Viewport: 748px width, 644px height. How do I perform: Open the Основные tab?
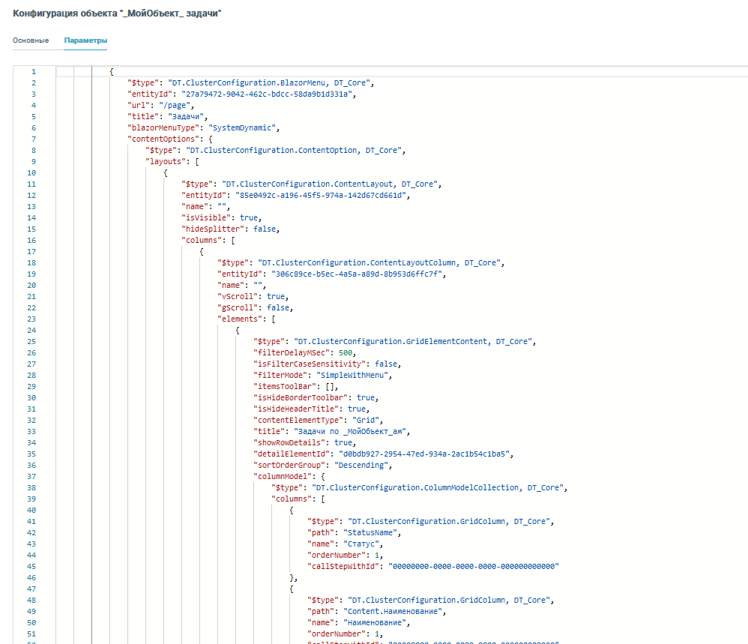click(x=31, y=40)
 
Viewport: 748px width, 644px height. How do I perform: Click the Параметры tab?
click(x=85, y=40)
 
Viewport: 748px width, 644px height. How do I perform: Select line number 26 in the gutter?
click(x=31, y=353)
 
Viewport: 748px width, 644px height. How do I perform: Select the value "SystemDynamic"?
click(x=242, y=128)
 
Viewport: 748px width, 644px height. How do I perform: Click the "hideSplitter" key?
click(x=213, y=229)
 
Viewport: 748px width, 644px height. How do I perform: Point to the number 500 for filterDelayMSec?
click(x=346, y=353)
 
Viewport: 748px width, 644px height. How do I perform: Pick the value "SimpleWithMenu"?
click(x=352, y=376)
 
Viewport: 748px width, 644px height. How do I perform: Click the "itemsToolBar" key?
click(x=285, y=386)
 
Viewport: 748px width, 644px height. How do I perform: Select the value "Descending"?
click(x=361, y=465)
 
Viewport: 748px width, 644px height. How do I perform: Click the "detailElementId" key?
click(x=292, y=454)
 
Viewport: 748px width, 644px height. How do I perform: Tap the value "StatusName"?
click(x=370, y=533)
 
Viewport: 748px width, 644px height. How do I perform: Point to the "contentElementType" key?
click(x=298, y=421)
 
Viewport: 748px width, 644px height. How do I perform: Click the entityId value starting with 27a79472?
click(x=267, y=94)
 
